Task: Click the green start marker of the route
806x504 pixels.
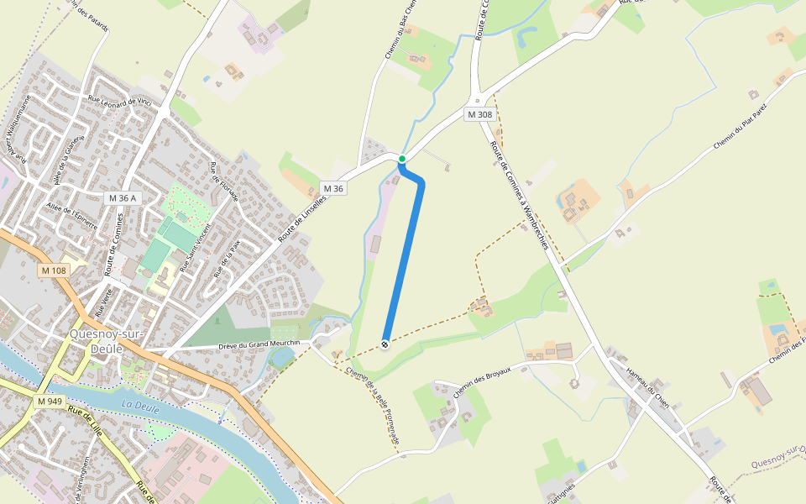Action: tap(402, 159)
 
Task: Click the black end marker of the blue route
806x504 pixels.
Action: tap(385, 344)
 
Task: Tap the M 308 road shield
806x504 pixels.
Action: tap(479, 114)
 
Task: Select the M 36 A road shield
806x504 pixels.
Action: tap(123, 197)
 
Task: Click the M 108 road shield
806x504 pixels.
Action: tap(53, 270)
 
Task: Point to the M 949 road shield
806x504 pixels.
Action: tap(50, 402)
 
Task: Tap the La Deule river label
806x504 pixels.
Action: tap(139, 406)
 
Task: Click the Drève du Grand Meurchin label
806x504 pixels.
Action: tap(259, 344)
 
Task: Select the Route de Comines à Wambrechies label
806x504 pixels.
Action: tap(519, 195)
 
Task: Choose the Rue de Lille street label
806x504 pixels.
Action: tap(85, 420)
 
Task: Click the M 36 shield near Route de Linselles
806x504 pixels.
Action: tap(333, 188)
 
